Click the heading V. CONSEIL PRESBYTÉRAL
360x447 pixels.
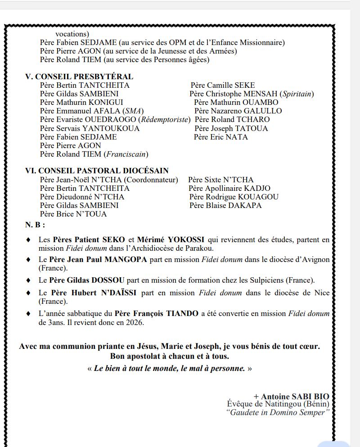(79, 77)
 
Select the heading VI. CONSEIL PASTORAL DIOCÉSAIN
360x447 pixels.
(97, 171)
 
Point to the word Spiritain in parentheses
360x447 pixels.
(297, 94)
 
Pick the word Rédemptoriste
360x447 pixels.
(164, 119)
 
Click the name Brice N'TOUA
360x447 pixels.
(81, 214)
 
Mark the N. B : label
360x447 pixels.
(35, 224)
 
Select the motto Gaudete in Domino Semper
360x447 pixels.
(278, 412)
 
